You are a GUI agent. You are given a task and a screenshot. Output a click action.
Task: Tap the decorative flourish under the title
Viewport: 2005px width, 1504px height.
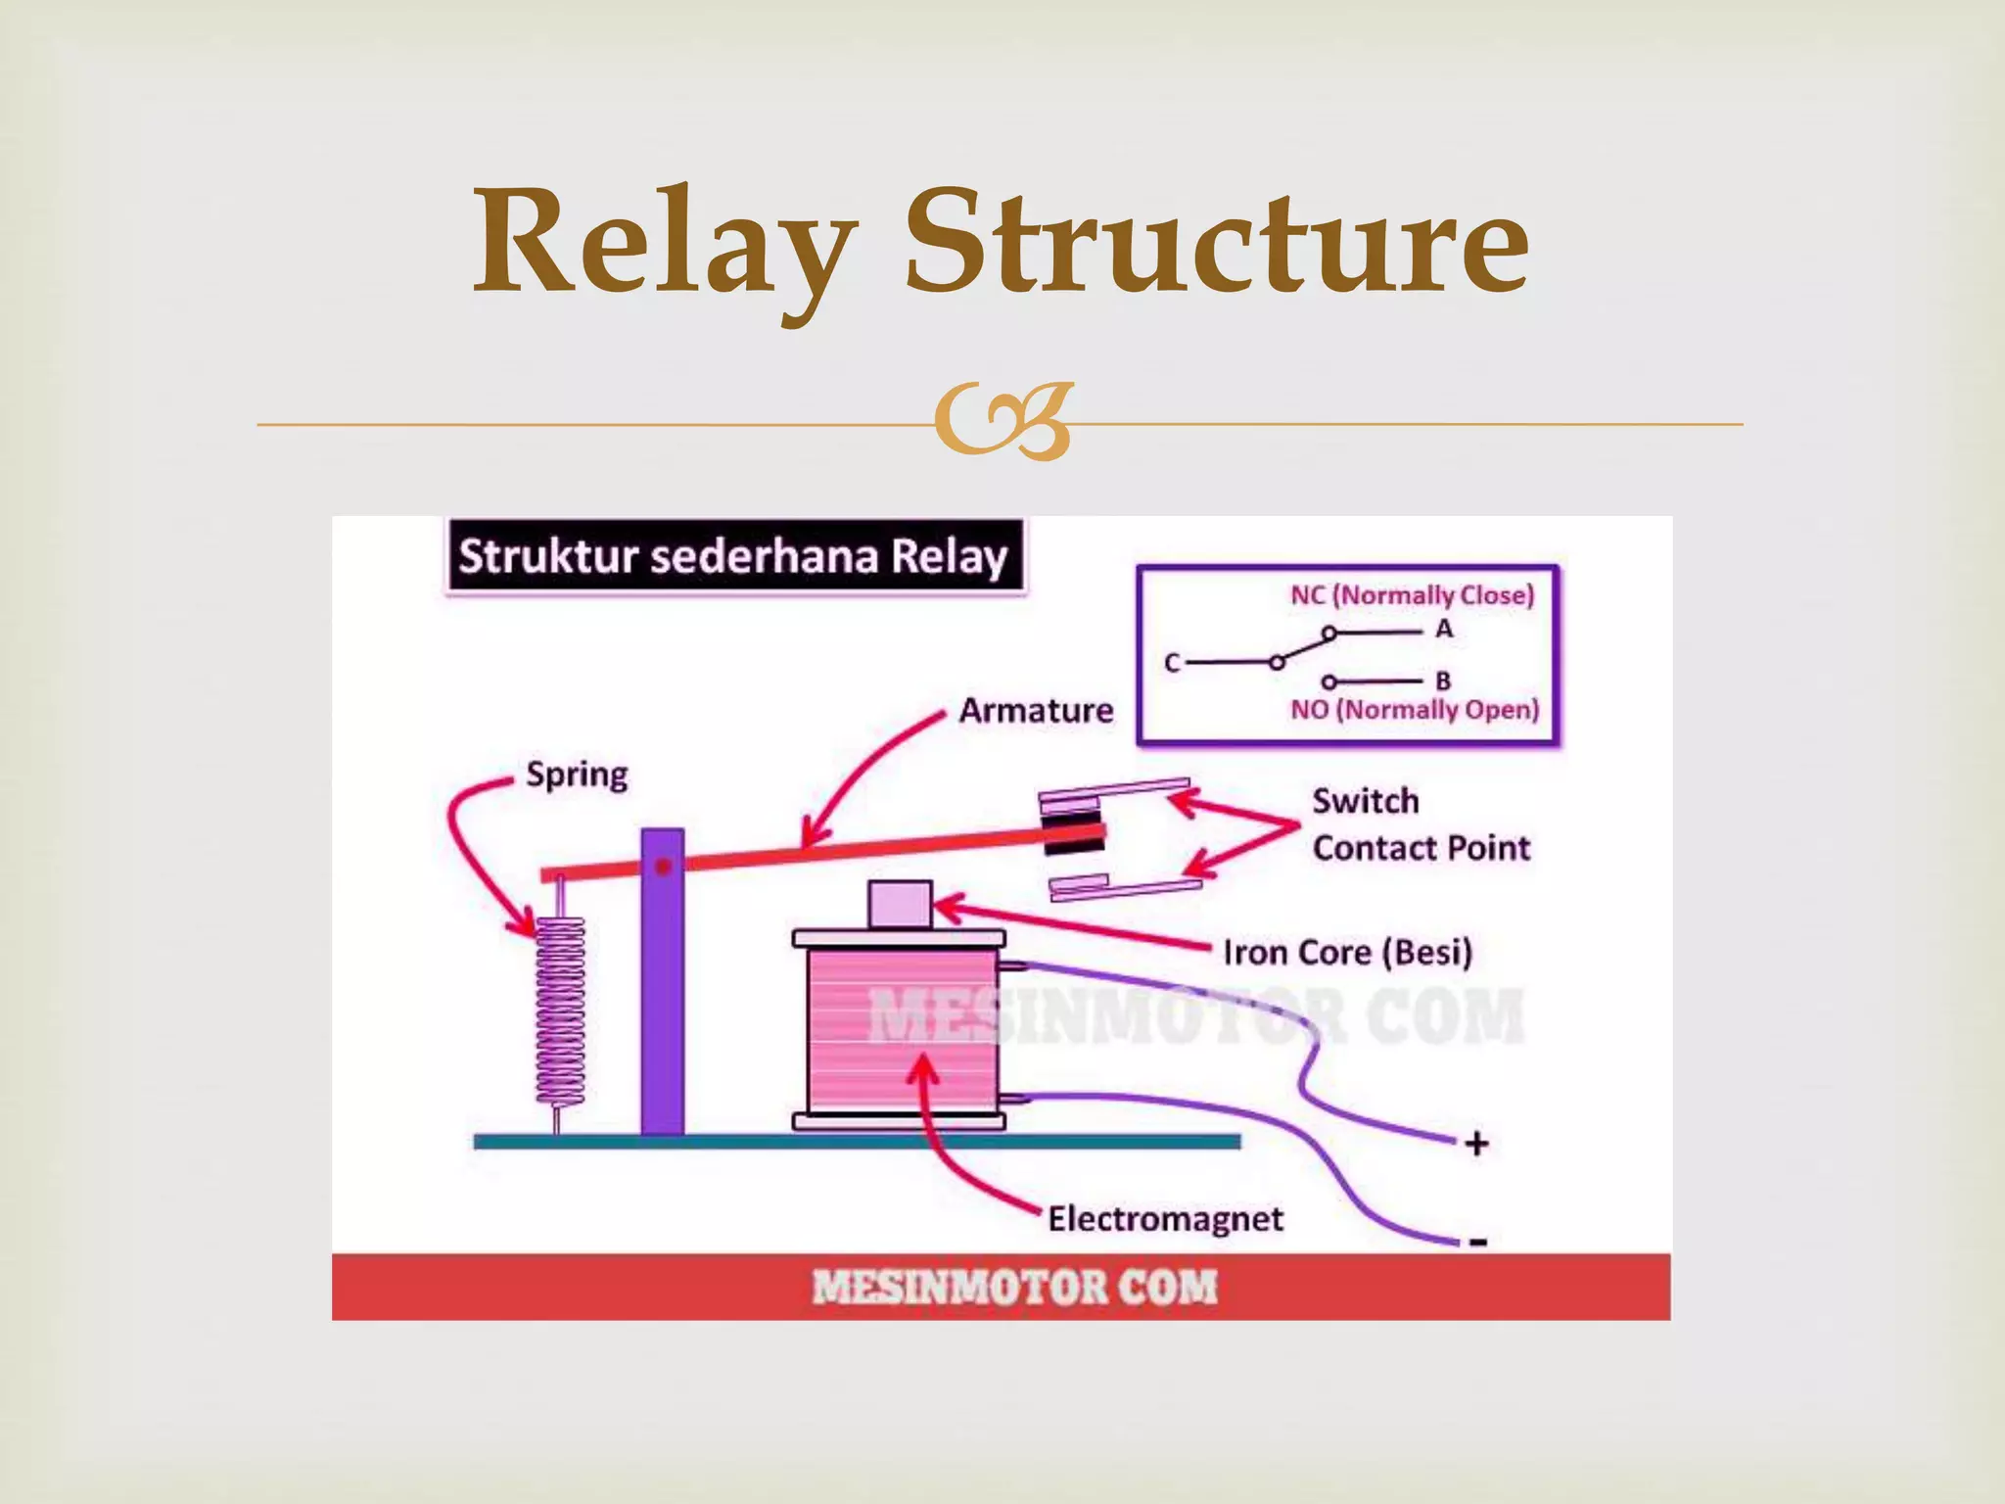(x=1002, y=423)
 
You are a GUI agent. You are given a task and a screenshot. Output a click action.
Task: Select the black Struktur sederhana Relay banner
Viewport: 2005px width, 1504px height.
(x=734, y=556)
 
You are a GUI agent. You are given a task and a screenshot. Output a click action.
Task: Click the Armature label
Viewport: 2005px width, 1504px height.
(x=1036, y=710)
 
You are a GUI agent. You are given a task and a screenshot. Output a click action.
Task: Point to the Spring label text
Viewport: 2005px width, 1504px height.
(x=577, y=775)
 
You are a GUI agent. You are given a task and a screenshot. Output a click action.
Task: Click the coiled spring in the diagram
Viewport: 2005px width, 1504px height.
(x=560, y=1009)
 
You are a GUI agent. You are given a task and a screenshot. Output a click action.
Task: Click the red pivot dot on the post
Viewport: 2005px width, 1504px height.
(x=663, y=867)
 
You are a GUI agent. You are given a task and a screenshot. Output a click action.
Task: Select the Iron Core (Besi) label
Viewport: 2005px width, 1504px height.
(x=1347, y=952)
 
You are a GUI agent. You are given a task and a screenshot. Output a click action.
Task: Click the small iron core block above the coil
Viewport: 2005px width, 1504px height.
(x=899, y=904)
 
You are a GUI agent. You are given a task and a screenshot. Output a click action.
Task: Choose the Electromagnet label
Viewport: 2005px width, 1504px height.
(x=1165, y=1219)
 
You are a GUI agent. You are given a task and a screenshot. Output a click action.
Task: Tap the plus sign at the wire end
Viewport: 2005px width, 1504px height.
(x=1476, y=1143)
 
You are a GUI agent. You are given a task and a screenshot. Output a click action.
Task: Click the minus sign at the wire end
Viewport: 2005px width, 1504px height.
(x=1478, y=1243)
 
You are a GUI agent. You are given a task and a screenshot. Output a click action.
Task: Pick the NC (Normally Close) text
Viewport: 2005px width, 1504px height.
(x=1412, y=594)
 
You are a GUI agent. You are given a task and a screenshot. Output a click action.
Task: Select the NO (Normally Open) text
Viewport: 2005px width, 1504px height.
(x=1415, y=709)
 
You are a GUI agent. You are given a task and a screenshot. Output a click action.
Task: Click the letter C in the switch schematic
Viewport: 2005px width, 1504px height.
(x=1172, y=663)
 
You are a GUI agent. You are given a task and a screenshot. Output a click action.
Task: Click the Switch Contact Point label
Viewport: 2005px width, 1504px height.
(x=1420, y=824)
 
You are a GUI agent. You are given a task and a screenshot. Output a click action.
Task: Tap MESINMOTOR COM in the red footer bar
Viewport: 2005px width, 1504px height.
(x=1014, y=1287)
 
